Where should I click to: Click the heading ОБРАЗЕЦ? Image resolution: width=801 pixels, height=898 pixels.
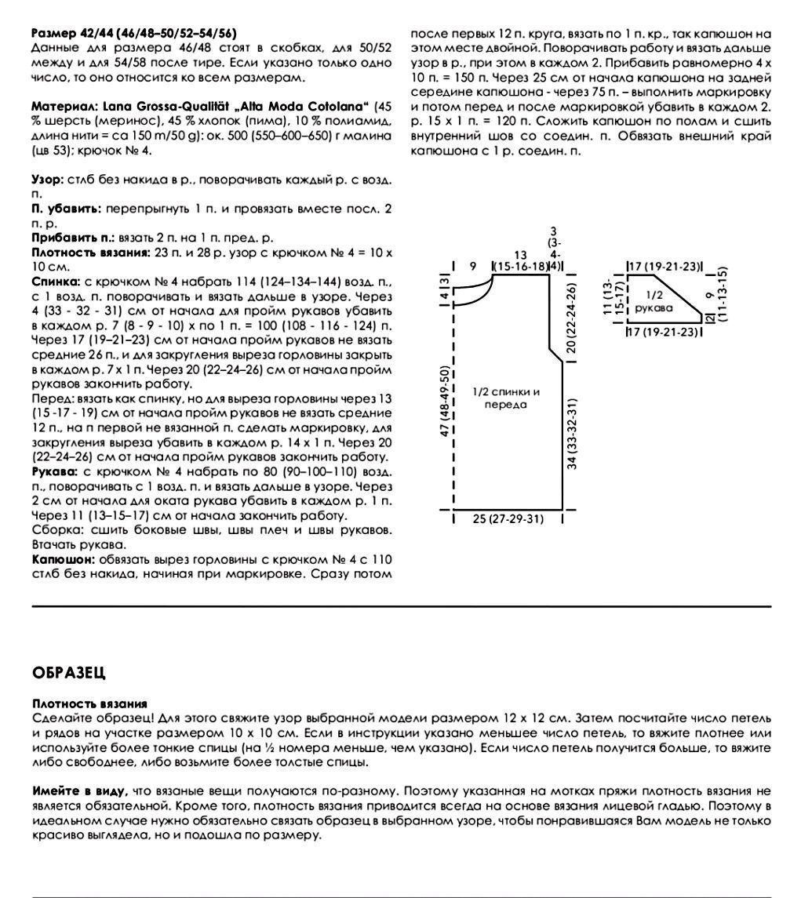pyautogui.click(x=69, y=673)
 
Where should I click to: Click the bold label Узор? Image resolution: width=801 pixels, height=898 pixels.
pyautogui.click(x=46, y=180)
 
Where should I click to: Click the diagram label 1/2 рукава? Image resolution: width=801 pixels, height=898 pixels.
pyautogui.click(x=654, y=302)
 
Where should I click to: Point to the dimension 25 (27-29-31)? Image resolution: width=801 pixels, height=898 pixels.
pyautogui.click(x=508, y=518)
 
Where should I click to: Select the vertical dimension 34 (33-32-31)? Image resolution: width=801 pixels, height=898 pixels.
pyautogui.click(x=573, y=434)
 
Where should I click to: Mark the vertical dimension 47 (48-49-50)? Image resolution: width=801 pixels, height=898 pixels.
pyautogui.click(x=445, y=402)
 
